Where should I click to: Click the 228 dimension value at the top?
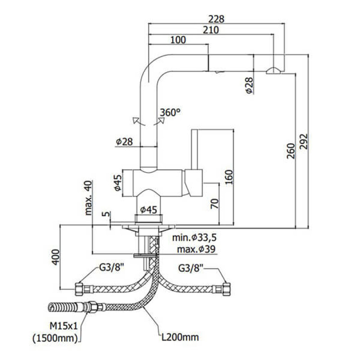[216, 19]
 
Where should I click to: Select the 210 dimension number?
[211, 30]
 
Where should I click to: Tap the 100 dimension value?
[179, 40]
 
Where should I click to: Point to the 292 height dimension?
[302, 142]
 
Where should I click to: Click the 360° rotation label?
[170, 112]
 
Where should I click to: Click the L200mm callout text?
[180, 336]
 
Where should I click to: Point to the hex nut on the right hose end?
[226, 287]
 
